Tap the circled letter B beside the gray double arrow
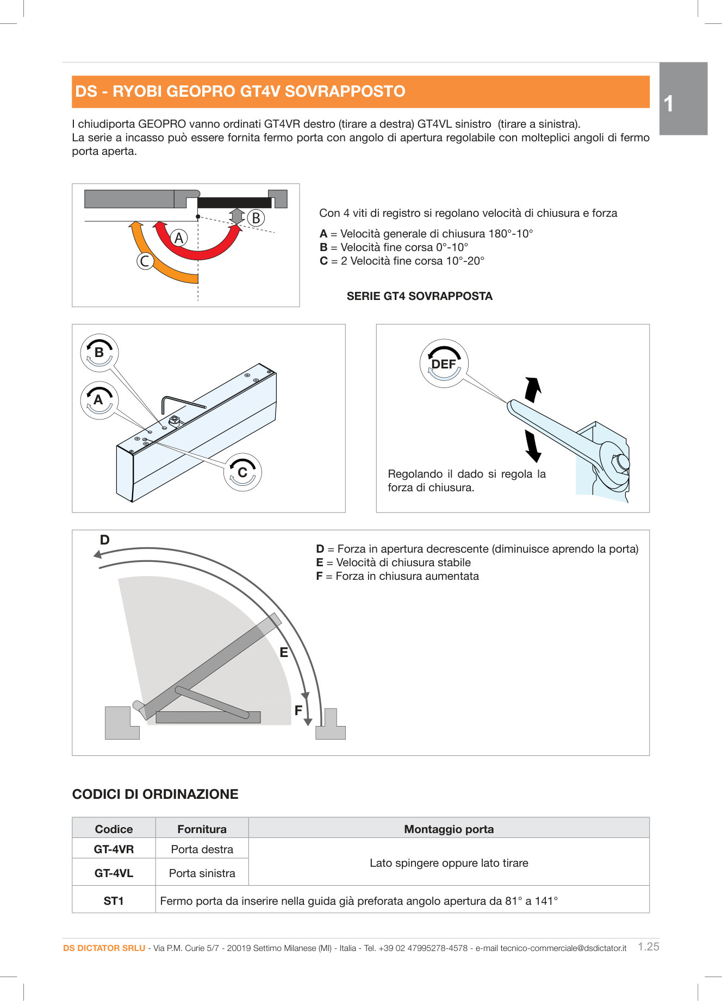click(256, 218)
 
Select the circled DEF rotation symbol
click(444, 364)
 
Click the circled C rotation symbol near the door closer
click(242, 472)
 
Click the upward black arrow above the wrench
click(533, 389)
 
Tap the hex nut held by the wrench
click(621, 462)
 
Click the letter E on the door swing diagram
click(284, 653)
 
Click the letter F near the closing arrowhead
click(298, 710)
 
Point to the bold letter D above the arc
click(104, 540)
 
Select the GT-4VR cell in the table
click(114, 849)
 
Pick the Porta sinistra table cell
click(202, 873)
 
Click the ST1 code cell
click(114, 900)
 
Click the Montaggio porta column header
click(449, 829)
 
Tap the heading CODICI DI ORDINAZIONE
click(155, 794)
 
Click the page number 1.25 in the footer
click(648, 947)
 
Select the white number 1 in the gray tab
click(669, 104)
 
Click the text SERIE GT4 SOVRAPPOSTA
click(419, 296)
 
